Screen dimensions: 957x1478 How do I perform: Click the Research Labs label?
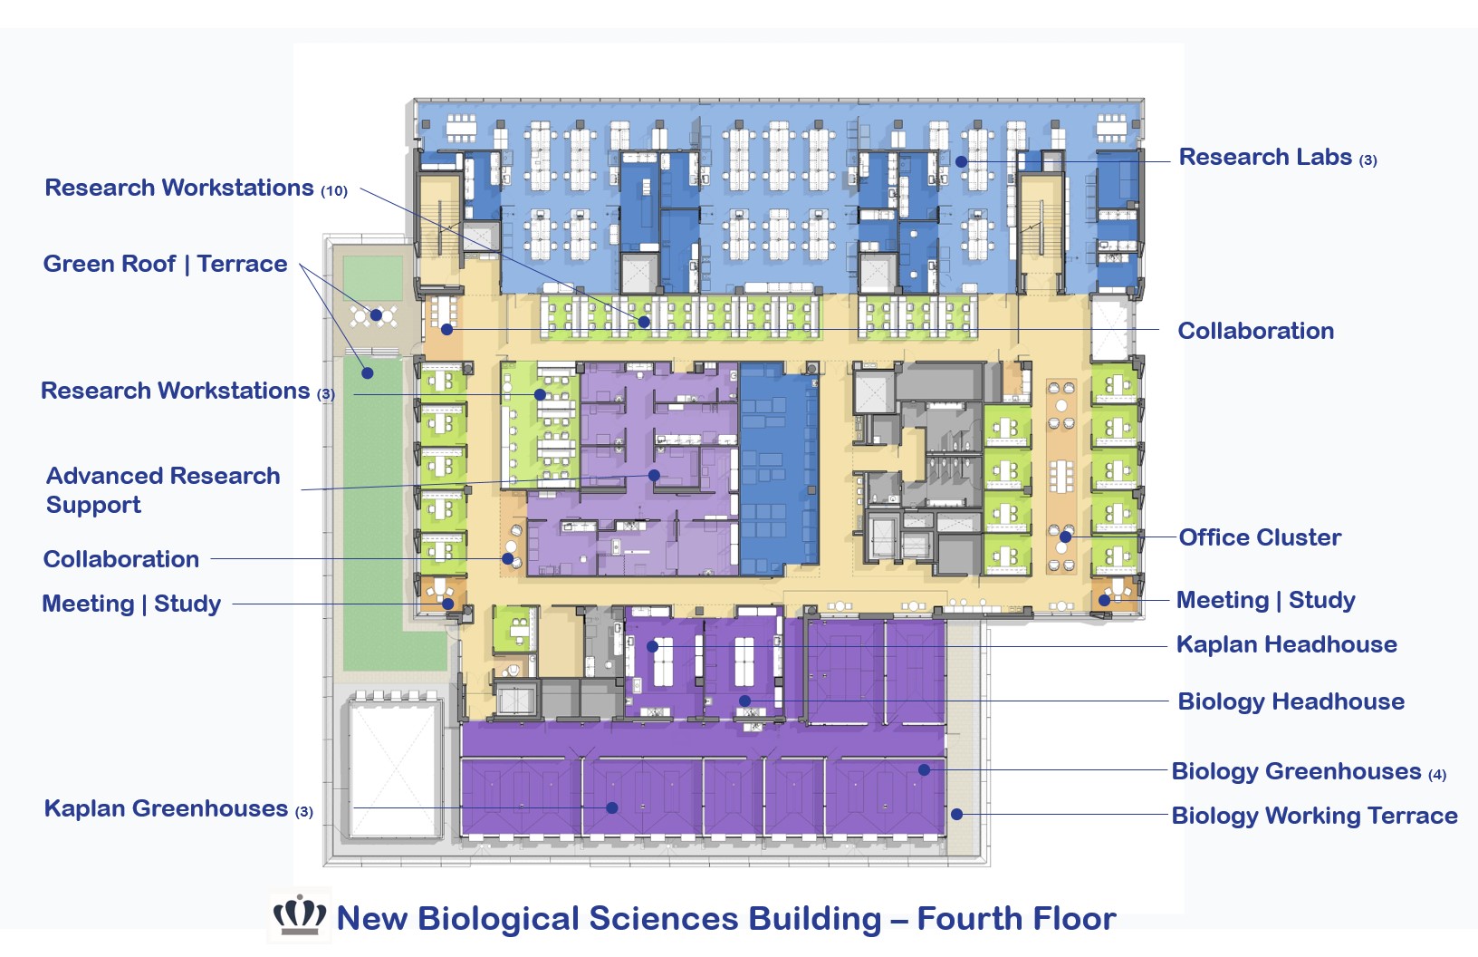pyautogui.click(x=1276, y=158)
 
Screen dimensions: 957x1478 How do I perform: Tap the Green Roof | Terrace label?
pyautogui.click(x=165, y=264)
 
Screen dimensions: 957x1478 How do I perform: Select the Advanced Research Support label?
pyautogui.click(x=163, y=489)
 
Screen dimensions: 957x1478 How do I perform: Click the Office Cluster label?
pyautogui.click(x=1259, y=537)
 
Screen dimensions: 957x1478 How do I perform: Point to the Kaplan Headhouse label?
pyautogui.click(x=1286, y=644)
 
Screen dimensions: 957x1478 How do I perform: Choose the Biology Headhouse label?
pyautogui.click(x=1291, y=701)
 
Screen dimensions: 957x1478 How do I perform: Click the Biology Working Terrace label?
pyautogui.click(x=1314, y=816)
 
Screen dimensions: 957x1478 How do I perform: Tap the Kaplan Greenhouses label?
pyautogui.click(x=178, y=808)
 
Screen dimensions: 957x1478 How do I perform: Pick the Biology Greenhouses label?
pyautogui.click(x=1308, y=771)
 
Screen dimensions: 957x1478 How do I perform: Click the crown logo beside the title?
pyautogui.click(x=300, y=915)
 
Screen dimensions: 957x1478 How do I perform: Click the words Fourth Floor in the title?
pyautogui.click(x=1016, y=919)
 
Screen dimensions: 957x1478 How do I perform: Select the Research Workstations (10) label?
pyautogui.click(x=196, y=188)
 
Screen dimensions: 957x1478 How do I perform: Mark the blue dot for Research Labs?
pyautogui.click(x=961, y=161)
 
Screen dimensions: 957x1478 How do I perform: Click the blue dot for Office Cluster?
pyautogui.click(x=1066, y=537)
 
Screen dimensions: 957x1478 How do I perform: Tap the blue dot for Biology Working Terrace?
pyautogui.click(x=956, y=815)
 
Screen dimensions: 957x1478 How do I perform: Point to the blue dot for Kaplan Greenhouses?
pyautogui.click(x=612, y=807)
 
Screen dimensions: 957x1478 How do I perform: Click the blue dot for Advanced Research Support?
pyautogui.click(x=654, y=475)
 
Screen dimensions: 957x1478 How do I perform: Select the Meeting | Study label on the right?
pyautogui.click(x=1265, y=600)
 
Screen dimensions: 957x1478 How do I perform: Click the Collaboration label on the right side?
pyautogui.click(x=1255, y=331)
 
